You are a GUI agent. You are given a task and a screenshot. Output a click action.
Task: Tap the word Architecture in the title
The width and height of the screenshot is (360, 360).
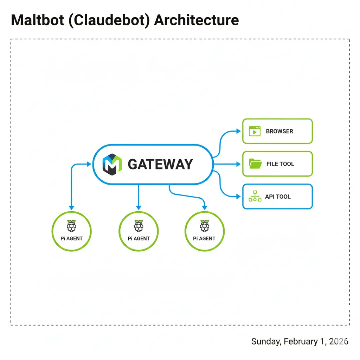pyautogui.click(x=197, y=20)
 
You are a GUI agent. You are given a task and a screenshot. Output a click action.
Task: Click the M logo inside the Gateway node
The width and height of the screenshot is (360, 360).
pyautogui.click(x=112, y=164)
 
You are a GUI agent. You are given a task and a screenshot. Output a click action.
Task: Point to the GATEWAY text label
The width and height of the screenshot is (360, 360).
pyautogui.click(x=160, y=164)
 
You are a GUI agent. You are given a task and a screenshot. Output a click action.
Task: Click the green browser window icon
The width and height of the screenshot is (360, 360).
pyautogui.click(x=255, y=131)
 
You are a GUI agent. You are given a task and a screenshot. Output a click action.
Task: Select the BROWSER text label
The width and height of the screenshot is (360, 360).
pyautogui.click(x=279, y=131)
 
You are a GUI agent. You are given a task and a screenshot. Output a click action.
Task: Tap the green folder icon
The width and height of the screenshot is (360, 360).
pyautogui.click(x=255, y=164)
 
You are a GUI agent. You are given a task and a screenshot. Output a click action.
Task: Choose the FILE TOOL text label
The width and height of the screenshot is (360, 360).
pyautogui.click(x=280, y=164)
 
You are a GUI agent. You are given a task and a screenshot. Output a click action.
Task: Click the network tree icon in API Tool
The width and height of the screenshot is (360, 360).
pyautogui.click(x=255, y=197)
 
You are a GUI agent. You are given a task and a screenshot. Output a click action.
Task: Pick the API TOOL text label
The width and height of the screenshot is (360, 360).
pyautogui.click(x=278, y=197)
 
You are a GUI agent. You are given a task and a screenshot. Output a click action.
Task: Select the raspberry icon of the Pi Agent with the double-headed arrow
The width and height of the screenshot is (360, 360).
pyautogui.click(x=71, y=226)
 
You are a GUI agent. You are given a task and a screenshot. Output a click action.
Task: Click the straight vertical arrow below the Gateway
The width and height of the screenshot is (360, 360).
pyautogui.click(x=139, y=197)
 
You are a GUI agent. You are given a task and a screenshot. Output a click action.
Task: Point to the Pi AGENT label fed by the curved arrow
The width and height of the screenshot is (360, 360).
pyautogui.click(x=204, y=238)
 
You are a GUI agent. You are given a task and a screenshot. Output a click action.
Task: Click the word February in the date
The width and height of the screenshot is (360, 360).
pyautogui.click(x=300, y=341)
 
